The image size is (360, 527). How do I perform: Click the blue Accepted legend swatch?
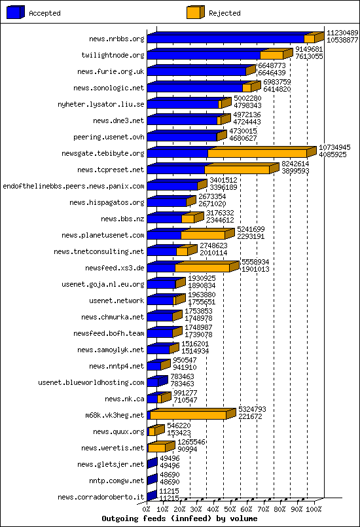pos(16,12)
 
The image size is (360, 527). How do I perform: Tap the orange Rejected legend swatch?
pos(196,12)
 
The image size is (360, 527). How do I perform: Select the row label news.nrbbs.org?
pos(117,39)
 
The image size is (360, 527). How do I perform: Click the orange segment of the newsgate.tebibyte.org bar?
pos(257,153)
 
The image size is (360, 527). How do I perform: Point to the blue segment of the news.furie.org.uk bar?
pos(196,71)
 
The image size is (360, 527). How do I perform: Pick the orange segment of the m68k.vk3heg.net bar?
pos(189,415)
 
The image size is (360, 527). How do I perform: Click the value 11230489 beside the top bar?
pos(342,33)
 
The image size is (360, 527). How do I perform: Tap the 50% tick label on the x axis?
pos(230,509)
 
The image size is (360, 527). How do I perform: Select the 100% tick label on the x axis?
pos(314,509)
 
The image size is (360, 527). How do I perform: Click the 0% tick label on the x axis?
pos(147,509)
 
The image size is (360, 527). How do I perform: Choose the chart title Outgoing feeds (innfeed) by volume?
pos(179,518)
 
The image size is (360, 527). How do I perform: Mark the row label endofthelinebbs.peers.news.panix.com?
pos(73,186)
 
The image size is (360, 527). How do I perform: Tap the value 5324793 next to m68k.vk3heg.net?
pos(252,409)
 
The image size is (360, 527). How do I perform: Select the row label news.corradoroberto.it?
pos(101,497)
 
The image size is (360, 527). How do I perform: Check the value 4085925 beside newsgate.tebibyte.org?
pos(333,154)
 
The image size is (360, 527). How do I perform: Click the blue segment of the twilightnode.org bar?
pos(204,55)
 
